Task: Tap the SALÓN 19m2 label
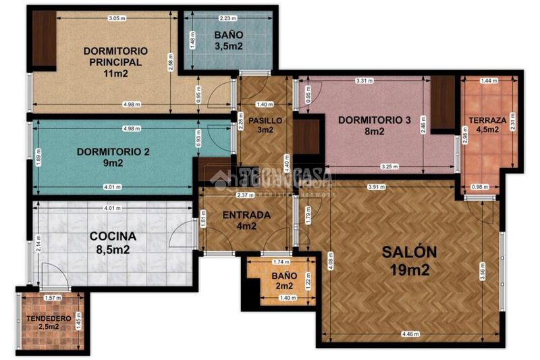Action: tap(409, 260)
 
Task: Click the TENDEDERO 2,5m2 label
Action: tap(43, 322)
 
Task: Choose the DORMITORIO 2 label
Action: tap(113, 157)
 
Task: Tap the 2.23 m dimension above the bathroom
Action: tap(227, 18)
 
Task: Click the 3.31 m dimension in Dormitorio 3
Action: tap(365, 81)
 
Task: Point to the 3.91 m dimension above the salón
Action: tap(378, 187)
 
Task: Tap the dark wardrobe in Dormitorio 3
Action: tap(443, 103)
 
